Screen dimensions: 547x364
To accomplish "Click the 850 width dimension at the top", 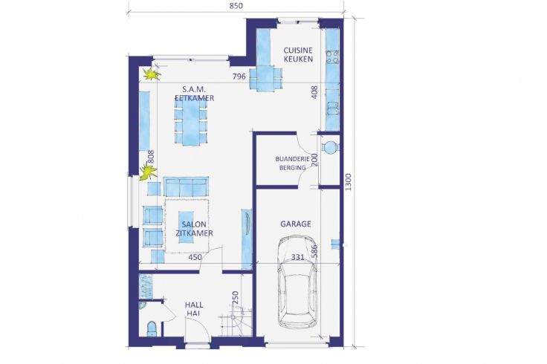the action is point(236,6).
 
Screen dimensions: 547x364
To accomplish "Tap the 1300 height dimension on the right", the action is point(349,182).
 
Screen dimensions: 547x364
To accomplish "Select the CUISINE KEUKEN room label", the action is point(298,55).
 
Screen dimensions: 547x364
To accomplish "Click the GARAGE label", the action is point(296,224).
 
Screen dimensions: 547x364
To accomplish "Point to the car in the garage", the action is point(297,282).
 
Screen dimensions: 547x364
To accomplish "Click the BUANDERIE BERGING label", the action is point(292,163).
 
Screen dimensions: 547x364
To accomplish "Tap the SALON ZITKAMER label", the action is point(194,229).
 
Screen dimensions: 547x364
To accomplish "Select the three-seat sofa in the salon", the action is point(186,186).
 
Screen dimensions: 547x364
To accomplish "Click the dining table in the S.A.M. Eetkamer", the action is point(191,122).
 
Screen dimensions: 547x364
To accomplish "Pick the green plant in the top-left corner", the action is point(152,74).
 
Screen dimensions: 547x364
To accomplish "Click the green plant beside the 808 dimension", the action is point(148,172).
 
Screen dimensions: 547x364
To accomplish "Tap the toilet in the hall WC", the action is point(152,329).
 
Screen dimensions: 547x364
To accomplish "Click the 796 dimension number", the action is point(239,77).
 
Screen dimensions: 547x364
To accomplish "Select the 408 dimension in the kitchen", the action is point(314,92).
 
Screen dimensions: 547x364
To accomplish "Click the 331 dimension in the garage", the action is point(297,257).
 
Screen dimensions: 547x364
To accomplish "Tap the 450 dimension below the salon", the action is point(195,257).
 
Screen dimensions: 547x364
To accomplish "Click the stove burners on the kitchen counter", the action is point(332,57).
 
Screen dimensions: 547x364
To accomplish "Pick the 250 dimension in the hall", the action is point(235,297).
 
